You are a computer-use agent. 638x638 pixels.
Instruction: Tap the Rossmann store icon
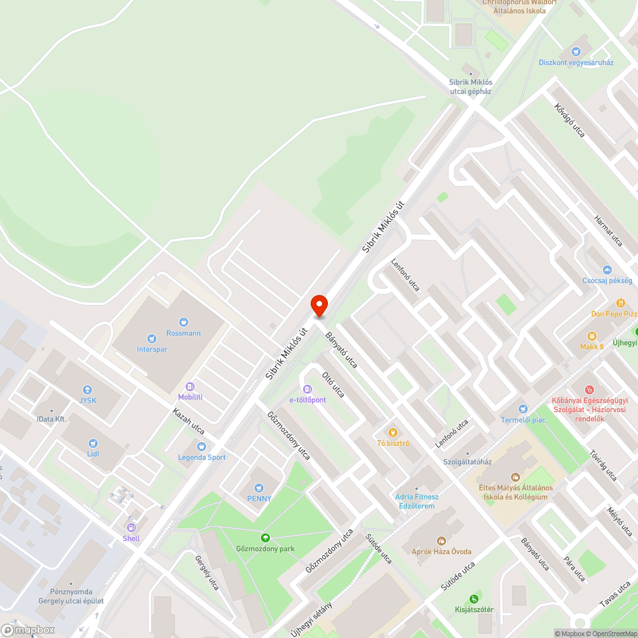[184, 323]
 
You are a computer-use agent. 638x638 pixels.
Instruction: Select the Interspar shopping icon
[151, 339]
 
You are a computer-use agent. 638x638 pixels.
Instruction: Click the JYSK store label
[87, 400]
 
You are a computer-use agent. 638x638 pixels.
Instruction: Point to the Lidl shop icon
[93, 442]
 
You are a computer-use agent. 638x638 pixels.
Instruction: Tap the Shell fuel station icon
[131, 528]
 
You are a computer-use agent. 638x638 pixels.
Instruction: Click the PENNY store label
[259, 498]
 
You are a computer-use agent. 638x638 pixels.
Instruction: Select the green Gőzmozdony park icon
[265, 538]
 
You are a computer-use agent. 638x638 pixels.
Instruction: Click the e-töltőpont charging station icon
[308, 389]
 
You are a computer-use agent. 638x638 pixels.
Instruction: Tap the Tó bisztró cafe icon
[393, 433]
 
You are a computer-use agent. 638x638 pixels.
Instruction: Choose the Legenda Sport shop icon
[202, 447]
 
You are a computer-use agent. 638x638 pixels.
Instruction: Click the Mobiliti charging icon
[190, 387]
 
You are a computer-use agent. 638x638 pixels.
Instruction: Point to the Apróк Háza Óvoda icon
[441, 541]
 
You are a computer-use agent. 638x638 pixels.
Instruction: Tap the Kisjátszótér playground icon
[473, 598]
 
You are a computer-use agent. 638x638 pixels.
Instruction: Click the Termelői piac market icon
[523, 408]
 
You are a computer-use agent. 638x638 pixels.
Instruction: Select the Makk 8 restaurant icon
[591, 336]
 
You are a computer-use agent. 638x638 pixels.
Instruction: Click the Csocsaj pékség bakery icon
[607, 270]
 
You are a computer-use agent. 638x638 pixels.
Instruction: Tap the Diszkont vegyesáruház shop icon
[576, 52]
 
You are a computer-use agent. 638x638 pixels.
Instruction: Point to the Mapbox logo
[28, 630]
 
